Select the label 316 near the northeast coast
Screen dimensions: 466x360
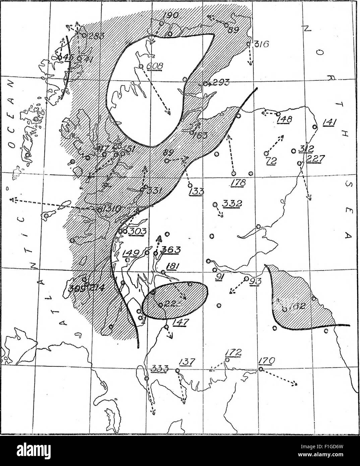(x=260, y=44)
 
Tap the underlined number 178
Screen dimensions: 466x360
(x=238, y=183)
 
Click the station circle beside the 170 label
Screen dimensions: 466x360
(x=260, y=369)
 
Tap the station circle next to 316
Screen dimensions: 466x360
(x=248, y=44)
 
